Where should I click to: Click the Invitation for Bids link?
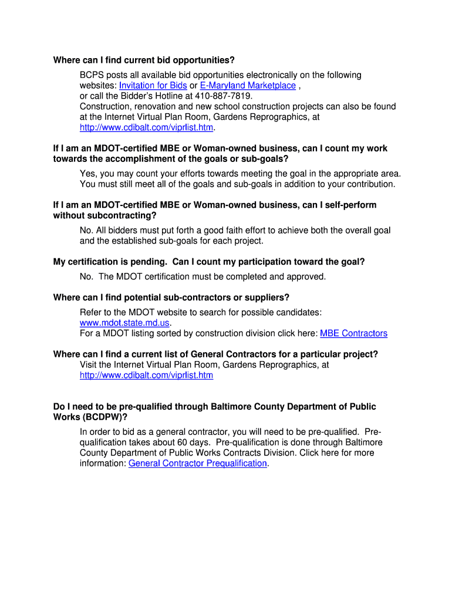(x=153, y=86)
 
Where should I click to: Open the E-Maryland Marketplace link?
(x=248, y=86)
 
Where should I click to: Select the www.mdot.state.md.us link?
(x=125, y=323)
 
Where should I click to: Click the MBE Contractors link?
(x=353, y=333)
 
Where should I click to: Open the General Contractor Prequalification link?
(x=198, y=464)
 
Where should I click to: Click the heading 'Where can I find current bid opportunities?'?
(x=144, y=60)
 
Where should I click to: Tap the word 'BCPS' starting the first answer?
(x=92, y=75)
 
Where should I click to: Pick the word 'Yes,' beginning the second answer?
(x=88, y=174)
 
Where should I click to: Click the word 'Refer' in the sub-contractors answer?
(x=91, y=312)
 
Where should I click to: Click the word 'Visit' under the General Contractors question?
(x=90, y=365)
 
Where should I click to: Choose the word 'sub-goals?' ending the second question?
(x=267, y=159)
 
